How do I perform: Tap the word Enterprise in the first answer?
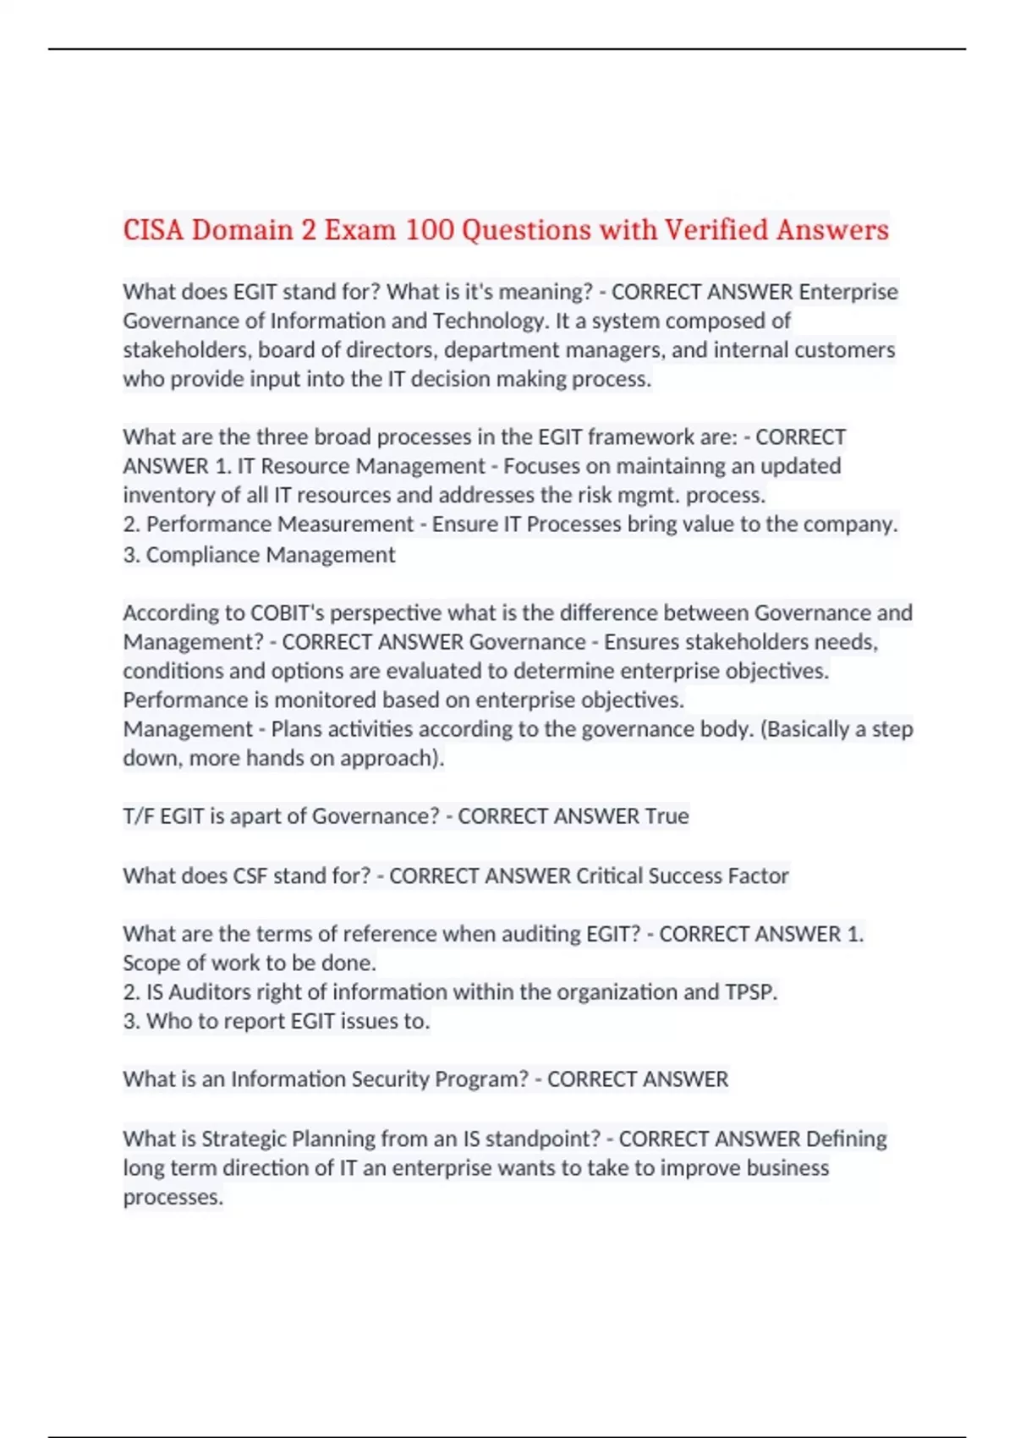click(848, 292)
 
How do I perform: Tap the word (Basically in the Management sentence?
click(811, 729)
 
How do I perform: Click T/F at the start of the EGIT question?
click(139, 816)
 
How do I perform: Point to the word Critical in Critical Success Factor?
click(610, 875)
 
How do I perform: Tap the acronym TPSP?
click(750, 992)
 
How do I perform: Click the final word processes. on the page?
click(173, 1198)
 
